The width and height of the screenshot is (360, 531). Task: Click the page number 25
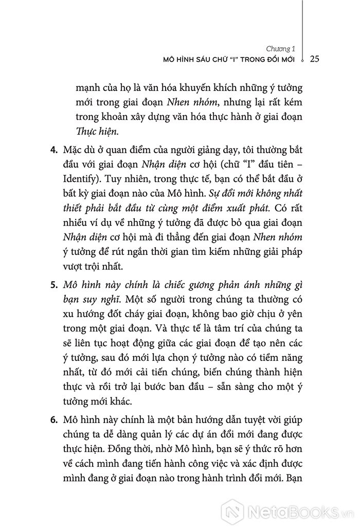pos(316,59)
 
